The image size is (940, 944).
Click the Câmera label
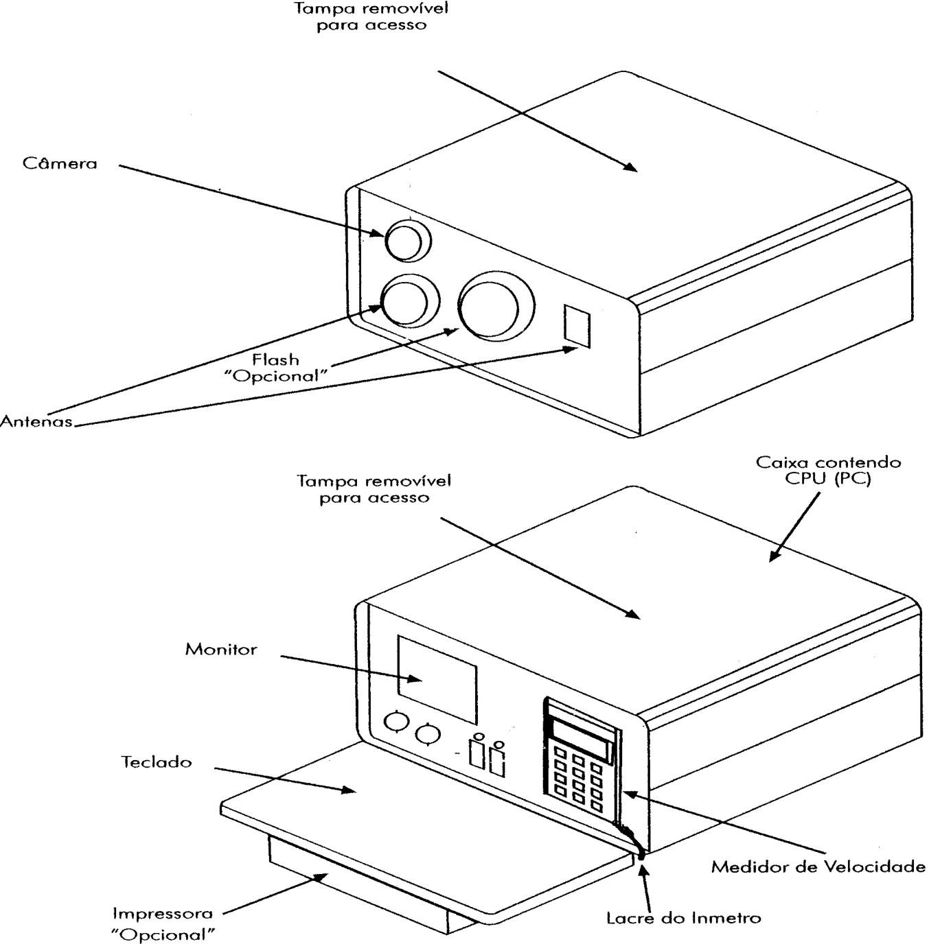point(60,163)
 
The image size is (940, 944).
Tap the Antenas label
point(36,421)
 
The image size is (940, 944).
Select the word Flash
point(275,360)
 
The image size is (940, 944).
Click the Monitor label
point(220,650)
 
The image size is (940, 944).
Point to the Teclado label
point(157,762)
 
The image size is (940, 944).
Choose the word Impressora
point(163,914)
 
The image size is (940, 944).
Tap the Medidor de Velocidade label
point(818,866)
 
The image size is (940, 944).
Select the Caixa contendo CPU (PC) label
point(828,471)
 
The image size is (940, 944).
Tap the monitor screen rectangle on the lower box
point(437,679)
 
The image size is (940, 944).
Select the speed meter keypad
point(579,779)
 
